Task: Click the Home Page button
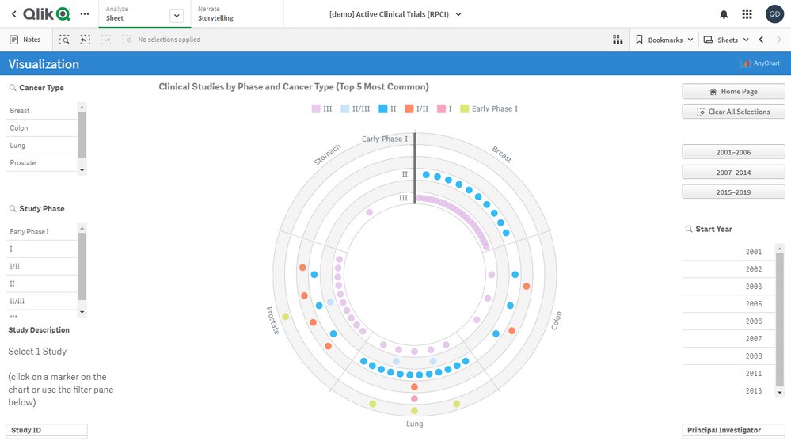pyautogui.click(x=733, y=92)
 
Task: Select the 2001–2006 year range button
pyautogui.click(x=733, y=152)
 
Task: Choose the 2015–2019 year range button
pyautogui.click(x=733, y=192)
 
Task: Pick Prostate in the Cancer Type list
pyautogui.click(x=22, y=163)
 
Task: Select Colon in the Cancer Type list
pyautogui.click(x=19, y=128)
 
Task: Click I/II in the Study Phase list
pyautogui.click(x=16, y=266)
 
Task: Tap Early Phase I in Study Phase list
pyautogui.click(x=29, y=232)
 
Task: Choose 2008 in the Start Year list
pyautogui.click(x=753, y=356)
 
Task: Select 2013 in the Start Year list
pyautogui.click(x=753, y=391)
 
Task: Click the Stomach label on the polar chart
pyautogui.click(x=327, y=155)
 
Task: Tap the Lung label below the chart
pyautogui.click(x=414, y=424)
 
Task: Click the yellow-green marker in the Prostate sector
pyautogui.click(x=286, y=317)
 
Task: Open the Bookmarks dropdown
pyautogui.click(x=664, y=40)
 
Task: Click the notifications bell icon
pyautogui.click(x=724, y=14)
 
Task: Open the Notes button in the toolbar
pyautogui.click(x=25, y=40)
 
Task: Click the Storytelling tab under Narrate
pyautogui.click(x=215, y=18)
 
